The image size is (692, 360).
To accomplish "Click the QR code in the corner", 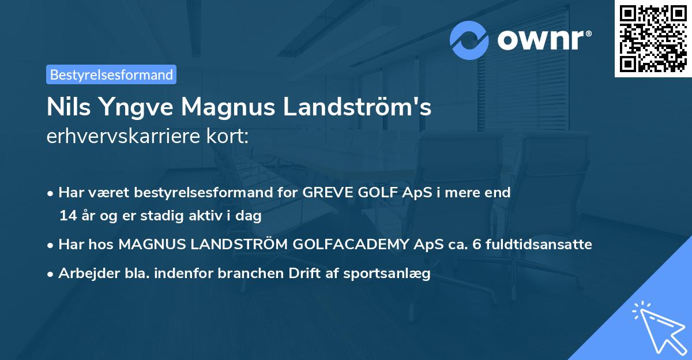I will pyautogui.click(x=653, y=38).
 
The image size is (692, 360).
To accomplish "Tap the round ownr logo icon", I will pyautogui.click(x=470, y=40).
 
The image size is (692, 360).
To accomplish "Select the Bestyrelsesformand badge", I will pyautogui.click(x=111, y=74).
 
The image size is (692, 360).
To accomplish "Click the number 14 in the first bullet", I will pyautogui.click(x=67, y=216).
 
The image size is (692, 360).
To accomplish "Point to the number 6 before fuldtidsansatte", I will pyautogui.click(x=476, y=245).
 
